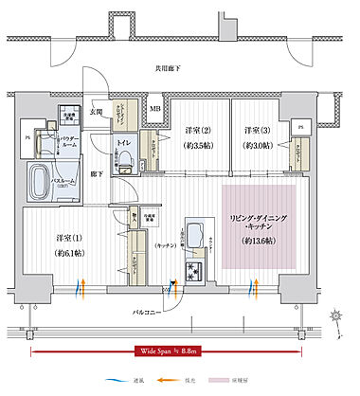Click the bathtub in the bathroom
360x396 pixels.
point(44,178)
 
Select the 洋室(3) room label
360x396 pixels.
point(257,130)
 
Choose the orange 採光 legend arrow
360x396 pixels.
point(243,378)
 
